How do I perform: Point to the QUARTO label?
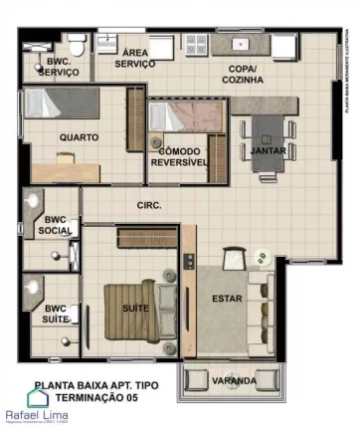click(x=78, y=138)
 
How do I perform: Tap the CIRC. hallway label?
click(x=149, y=205)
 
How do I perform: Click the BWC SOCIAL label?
click(x=55, y=225)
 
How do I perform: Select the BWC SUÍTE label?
click(x=55, y=314)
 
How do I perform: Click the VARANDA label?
click(x=234, y=380)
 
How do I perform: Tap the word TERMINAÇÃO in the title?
click(x=78, y=396)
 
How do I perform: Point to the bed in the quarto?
click(x=70, y=104)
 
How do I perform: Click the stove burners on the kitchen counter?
click(x=196, y=44)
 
